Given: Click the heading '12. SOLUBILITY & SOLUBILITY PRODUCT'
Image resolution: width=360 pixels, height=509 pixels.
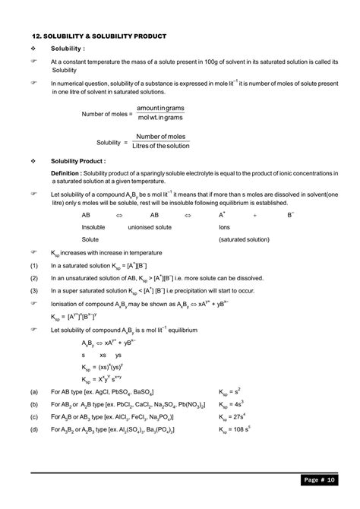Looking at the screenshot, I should coord(99,36).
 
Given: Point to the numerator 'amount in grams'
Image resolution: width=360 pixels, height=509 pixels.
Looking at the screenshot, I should coord(160,109).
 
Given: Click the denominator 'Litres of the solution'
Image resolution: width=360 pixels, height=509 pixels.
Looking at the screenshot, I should coord(161,147).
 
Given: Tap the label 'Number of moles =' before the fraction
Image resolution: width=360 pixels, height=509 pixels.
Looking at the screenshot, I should coord(106,113).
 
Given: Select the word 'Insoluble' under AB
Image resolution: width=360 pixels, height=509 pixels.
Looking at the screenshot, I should coord(93,227).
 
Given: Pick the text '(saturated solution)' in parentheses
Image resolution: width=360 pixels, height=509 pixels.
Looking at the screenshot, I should coord(243,239).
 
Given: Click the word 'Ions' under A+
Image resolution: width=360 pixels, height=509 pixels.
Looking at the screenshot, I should coord(224,227).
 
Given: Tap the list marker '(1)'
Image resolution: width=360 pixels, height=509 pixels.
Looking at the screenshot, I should coord(34,265).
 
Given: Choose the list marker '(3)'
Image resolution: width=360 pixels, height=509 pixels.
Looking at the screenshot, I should coord(34,291).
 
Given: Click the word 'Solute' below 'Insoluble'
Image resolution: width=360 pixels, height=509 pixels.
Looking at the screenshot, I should coord(90,239).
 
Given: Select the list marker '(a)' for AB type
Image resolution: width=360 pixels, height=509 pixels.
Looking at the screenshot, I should coord(34,392).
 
